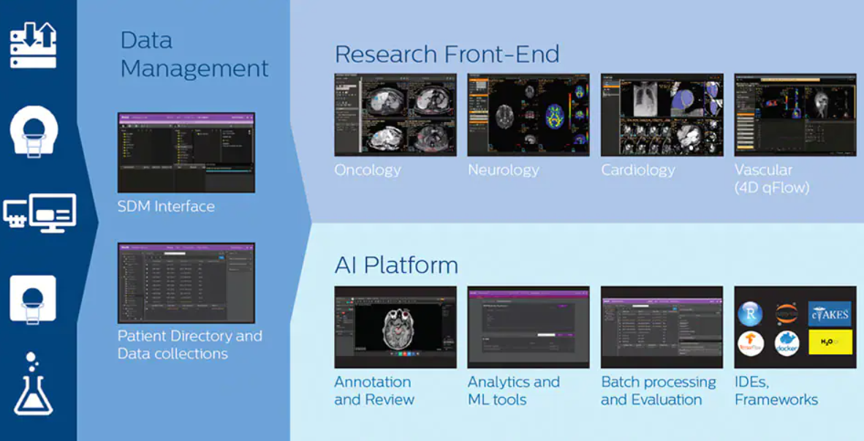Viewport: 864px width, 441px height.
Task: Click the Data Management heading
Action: point(194,54)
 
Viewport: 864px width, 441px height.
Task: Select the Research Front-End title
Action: point(447,54)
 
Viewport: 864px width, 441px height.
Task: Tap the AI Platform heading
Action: point(396,265)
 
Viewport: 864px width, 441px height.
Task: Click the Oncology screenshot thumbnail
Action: point(395,115)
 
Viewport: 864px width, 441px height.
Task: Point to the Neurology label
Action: point(503,170)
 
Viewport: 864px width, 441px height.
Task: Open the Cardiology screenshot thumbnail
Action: point(662,115)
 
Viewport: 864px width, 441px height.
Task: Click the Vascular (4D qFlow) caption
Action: point(772,179)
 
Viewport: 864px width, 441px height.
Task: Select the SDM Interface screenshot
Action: point(186,152)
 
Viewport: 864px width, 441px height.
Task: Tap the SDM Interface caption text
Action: point(166,206)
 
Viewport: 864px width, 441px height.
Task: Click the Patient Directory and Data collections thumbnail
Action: point(186,283)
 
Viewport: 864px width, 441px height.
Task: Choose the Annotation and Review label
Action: point(374,391)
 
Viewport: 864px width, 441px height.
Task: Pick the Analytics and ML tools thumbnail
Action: point(528,327)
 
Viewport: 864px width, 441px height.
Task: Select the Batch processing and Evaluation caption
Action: point(658,391)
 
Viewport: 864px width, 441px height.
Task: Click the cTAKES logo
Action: point(829,314)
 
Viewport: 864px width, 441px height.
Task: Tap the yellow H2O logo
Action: point(829,342)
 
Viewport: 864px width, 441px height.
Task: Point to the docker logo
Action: point(787,343)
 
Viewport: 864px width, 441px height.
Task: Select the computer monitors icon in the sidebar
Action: point(39,213)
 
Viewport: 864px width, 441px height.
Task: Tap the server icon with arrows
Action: point(33,45)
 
